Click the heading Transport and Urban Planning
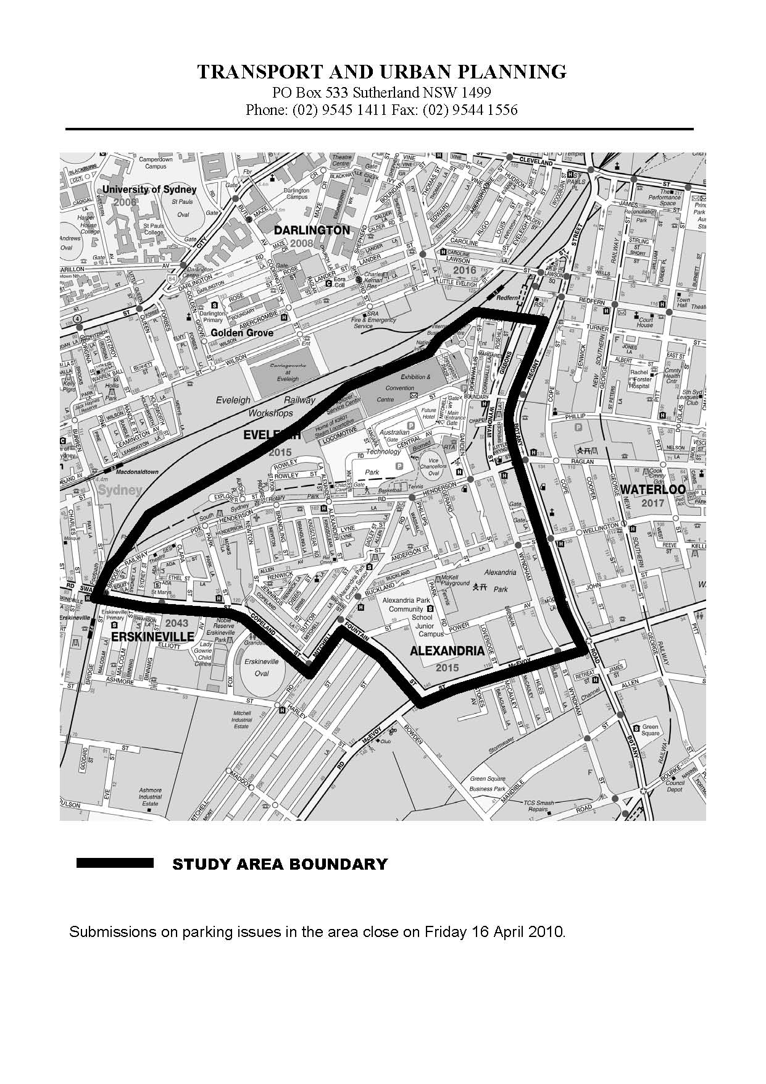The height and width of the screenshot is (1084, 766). pos(382,72)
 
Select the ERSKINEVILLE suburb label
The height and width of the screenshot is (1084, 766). pos(153,636)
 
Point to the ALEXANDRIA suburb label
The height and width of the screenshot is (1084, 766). pos(447,650)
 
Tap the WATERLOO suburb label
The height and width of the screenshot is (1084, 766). pos(652,489)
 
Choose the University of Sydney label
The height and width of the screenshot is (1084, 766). pos(149,190)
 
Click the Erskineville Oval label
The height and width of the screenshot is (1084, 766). pos(262,667)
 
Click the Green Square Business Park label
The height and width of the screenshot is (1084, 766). pos(487,783)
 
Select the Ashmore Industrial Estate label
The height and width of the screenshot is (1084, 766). pos(150,796)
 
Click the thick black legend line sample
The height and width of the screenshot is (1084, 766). pos(114,863)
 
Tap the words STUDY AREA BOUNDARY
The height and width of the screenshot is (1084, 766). pos(280,864)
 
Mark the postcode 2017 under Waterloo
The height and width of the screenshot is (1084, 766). pos(652,503)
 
